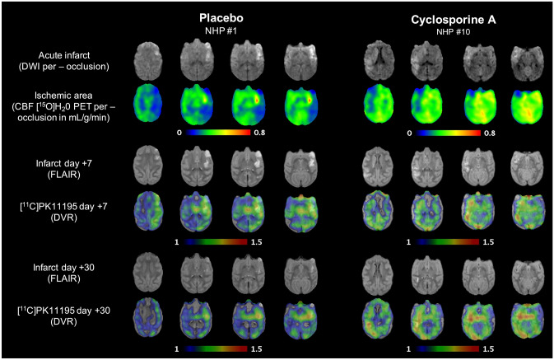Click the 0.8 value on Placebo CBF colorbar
click(277, 131)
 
